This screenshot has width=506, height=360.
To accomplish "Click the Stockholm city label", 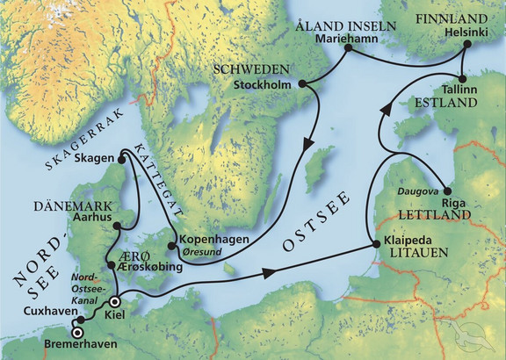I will pyautogui.click(x=265, y=85).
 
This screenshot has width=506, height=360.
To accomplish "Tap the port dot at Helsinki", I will pyautogui.click(x=466, y=50).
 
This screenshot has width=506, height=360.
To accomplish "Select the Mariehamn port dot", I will pyautogui.click(x=347, y=49).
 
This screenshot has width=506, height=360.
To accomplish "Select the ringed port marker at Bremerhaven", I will pyautogui.click(x=77, y=333).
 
